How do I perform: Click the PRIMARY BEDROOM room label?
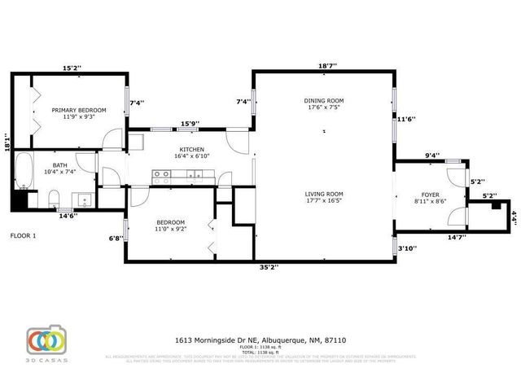[79, 110]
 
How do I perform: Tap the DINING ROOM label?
[323, 101]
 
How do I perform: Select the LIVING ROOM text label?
[323, 194]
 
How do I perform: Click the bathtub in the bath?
[23, 173]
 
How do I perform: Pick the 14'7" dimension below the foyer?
[457, 237]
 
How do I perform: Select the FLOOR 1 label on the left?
[24, 235]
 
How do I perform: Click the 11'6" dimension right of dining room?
[406, 119]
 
